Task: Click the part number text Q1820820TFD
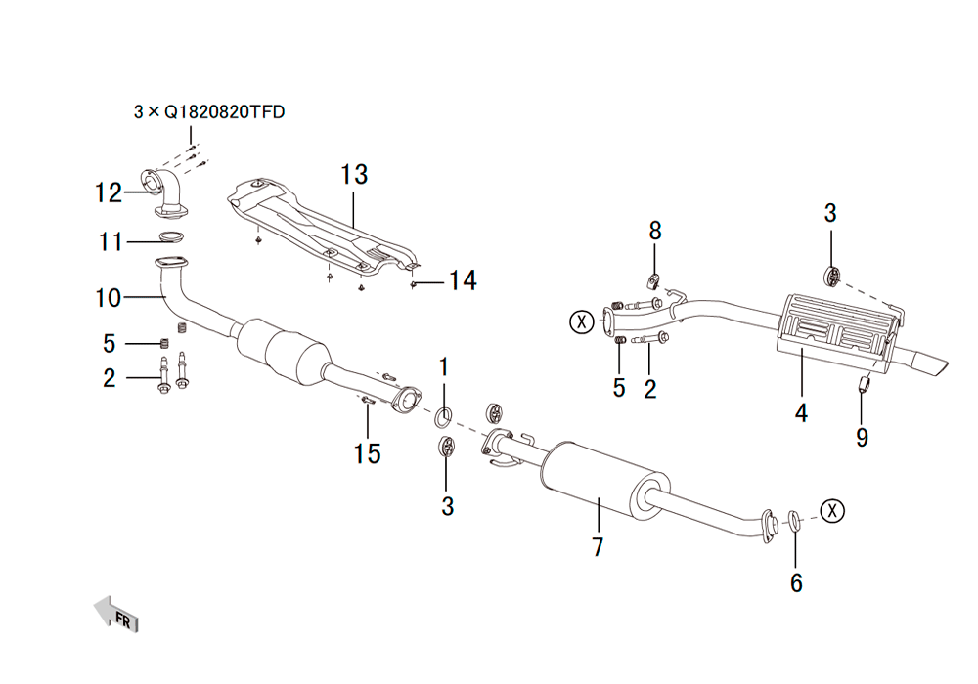point(225,112)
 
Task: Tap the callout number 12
point(109,192)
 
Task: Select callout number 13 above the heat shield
point(354,175)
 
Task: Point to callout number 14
point(463,280)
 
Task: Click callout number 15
point(368,453)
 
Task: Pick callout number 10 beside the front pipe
point(109,298)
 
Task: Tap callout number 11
point(111,241)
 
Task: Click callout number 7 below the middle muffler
point(599,547)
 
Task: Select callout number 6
point(796,582)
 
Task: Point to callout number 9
point(862,437)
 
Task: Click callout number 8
point(655,231)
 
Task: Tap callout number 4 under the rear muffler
point(802,412)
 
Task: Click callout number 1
point(444,367)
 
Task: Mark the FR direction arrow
point(116,615)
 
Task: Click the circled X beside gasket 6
point(832,511)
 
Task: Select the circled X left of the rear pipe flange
point(582,322)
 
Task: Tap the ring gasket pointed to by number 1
point(443,418)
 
